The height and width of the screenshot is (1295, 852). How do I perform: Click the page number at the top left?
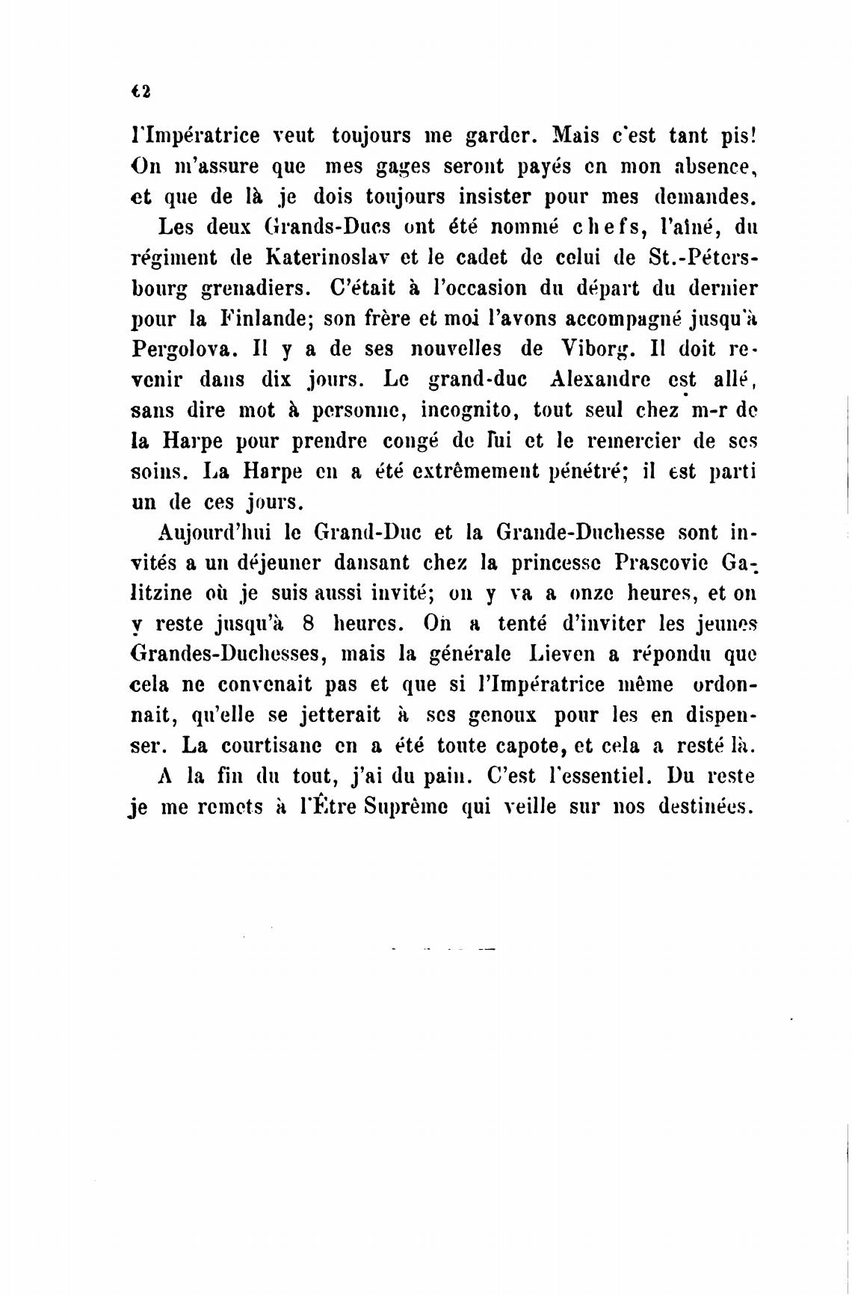tap(141, 90)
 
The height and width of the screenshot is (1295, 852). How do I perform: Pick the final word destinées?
tap(703, 808)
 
